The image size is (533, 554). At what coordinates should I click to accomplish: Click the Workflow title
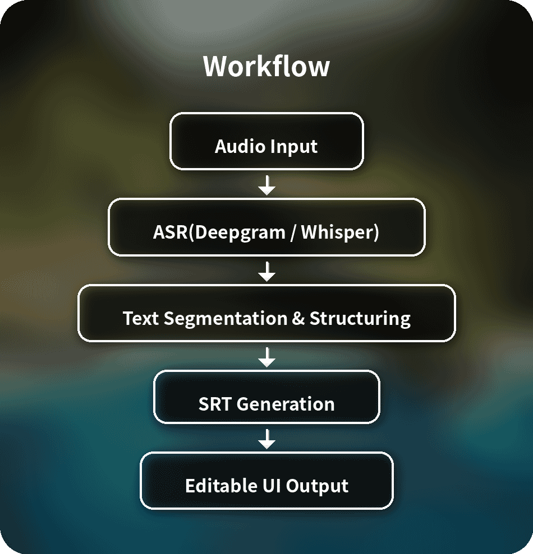coord(266,66)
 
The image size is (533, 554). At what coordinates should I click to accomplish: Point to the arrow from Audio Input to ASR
coord(267,185)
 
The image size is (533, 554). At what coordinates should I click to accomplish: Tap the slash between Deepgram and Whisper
coord(293,232)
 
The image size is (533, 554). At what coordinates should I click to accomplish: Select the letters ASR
coord(170,232)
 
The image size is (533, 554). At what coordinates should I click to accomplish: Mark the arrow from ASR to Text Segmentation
coord(267,272)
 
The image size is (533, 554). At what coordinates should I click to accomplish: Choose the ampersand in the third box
coord(298,318)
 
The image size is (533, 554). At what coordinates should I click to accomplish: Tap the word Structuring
coord(360,318)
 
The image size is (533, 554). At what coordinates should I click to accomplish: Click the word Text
coord(141,318)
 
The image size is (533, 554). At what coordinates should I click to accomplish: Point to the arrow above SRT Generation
coord(267,357)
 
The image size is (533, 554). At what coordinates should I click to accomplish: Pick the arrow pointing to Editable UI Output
coord(267,440)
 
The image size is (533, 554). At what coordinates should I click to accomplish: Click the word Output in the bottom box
coord(318,485)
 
